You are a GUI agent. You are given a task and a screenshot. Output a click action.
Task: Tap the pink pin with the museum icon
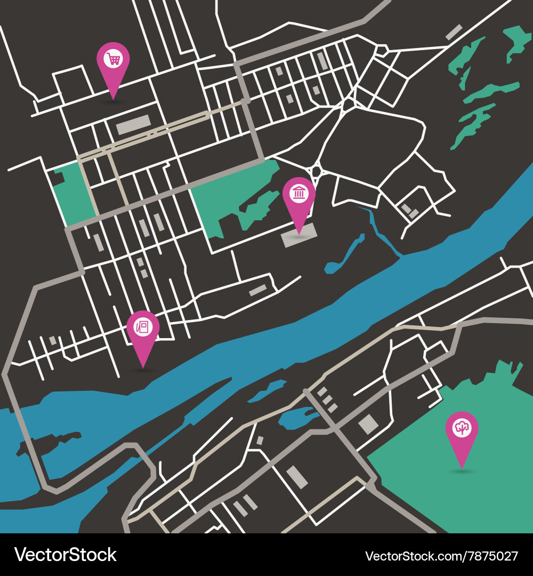299,200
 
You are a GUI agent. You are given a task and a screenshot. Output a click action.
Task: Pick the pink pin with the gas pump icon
143,333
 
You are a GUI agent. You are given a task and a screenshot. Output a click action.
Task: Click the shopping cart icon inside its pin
113,58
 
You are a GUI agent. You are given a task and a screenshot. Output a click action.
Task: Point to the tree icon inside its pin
462,427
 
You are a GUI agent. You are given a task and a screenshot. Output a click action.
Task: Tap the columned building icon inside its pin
299,194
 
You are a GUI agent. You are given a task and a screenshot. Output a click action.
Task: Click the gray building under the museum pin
299,236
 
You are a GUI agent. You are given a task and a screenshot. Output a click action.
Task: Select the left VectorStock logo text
65,555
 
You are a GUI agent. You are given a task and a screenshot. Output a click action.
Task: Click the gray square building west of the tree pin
368,425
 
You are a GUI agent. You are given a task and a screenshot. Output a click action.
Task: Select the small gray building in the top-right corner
454,32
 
